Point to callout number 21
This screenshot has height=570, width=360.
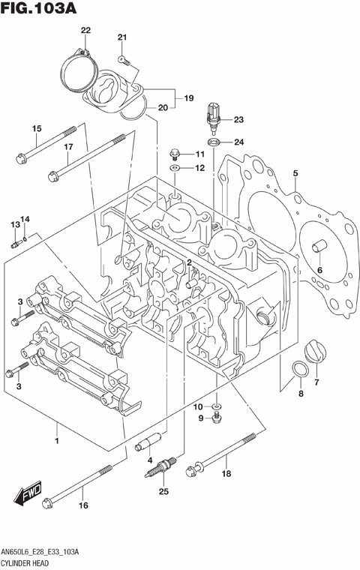(x=122, y=37)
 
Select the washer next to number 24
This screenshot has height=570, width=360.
(x=213, y=142)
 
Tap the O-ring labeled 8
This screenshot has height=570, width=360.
(x=299, y=370)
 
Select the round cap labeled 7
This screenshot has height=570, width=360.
(x=315, y=352)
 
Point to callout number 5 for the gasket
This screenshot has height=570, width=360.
(x=295, y=173)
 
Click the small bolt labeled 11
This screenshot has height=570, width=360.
(x=175, y=154)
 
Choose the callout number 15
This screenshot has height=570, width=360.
(x=35, y=129)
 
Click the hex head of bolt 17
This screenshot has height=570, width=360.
(x=53, y=177)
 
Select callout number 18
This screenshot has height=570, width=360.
(x=226, y=473)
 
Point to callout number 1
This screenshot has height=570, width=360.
(x=56, y=440)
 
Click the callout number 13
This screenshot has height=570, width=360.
(x=14, y=224)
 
